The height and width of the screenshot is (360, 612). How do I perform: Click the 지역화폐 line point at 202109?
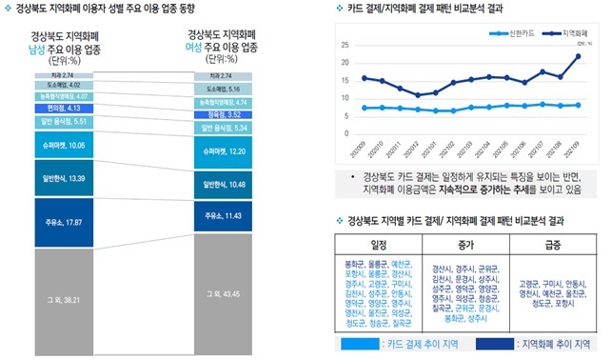click(x=578, y=56)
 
